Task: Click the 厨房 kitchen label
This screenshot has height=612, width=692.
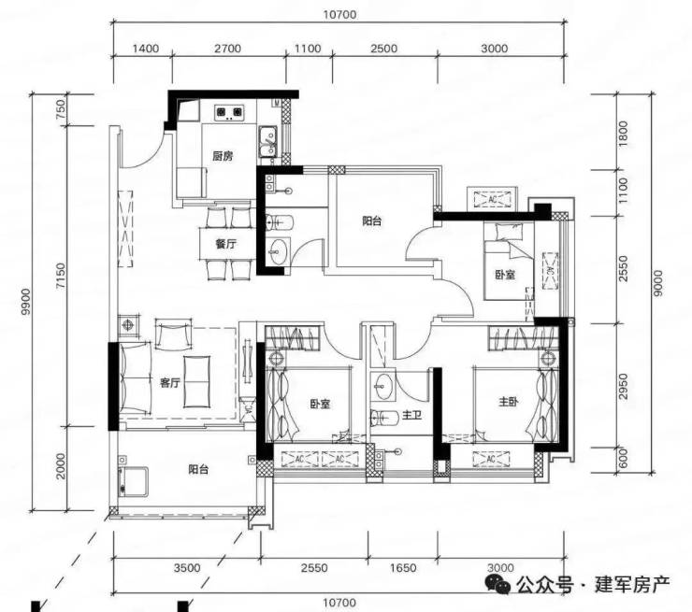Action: (223, 156)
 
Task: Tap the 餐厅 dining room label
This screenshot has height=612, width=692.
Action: (226, 243)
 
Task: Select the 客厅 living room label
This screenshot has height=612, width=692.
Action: (170, 382)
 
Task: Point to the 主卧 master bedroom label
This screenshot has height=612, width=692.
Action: (509, 402)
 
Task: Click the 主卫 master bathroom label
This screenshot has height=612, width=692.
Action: (411, 415)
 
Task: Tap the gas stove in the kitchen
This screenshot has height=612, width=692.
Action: (228, 112)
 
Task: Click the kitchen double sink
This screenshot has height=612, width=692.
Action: (267, 141)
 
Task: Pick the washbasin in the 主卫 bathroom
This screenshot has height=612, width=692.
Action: (382, 386)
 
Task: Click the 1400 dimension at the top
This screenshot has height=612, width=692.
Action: (146, 48)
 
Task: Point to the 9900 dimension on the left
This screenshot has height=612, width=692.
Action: (26, 301)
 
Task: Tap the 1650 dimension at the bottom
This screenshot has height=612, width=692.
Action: (403, 568)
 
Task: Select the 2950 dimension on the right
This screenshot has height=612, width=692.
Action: (623, 386)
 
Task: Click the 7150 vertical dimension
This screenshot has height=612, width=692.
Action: (61, 276)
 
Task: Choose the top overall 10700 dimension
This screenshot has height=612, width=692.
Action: (339, 15)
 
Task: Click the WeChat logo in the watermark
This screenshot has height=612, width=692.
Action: (497, 585)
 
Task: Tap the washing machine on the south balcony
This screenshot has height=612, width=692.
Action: (133, 480)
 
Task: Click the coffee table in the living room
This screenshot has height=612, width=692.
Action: (196, 381)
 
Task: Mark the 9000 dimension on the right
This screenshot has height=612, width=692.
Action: (657, 283)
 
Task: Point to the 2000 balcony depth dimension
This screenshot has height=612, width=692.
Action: (61, 466)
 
